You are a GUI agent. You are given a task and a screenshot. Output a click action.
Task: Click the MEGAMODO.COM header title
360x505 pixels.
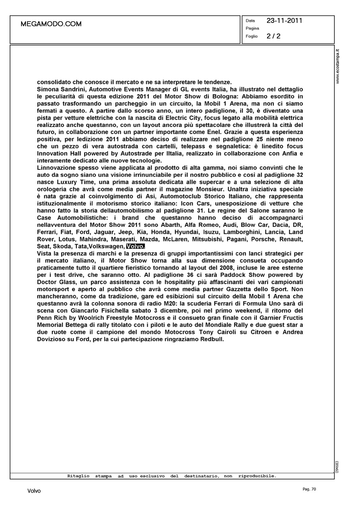click(51, 24)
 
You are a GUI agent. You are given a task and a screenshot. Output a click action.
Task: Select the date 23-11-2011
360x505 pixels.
click(284, 21)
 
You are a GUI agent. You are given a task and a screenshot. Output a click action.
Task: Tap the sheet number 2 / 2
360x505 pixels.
click(273, 36)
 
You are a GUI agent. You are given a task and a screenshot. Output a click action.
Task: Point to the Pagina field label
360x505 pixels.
click(252, 28)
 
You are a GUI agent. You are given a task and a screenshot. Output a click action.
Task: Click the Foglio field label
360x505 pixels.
click(252, 36)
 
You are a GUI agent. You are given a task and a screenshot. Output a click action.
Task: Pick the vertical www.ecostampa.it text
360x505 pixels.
click(338, 66)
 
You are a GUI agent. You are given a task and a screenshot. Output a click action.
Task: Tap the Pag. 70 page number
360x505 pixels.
click(309, 489)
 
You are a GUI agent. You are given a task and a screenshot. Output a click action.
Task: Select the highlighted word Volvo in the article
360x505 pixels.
click(135, 246)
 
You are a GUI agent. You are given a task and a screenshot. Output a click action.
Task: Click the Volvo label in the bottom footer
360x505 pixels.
click(34, 491)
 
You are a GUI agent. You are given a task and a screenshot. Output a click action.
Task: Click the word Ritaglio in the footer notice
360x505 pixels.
click(78, 476)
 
